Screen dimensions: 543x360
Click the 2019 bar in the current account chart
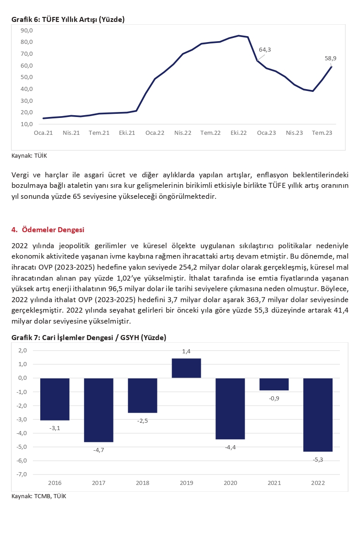[x=186, y=368]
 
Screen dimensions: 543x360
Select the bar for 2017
[x=98, y=410]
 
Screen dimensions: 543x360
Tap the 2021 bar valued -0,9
[x=274, y=384]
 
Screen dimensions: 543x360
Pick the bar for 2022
[x=318, y=414]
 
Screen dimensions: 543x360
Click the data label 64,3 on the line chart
[x=265, y=49]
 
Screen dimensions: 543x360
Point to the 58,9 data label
[x=330, y=58]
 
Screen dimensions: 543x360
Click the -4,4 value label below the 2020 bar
[x=230, y=447]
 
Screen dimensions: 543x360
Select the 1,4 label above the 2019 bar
[x=186, y=351]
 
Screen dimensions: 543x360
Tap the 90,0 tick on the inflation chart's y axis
[x=27, y=30]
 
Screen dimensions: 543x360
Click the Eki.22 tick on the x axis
[x=238, y=133]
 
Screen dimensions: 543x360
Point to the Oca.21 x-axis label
[x=43, y=133]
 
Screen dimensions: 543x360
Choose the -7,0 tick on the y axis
[x=22, y=474]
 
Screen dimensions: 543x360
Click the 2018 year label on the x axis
[x=142, y=482]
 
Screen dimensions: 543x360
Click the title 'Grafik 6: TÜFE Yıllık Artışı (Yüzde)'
[x=68, y=19]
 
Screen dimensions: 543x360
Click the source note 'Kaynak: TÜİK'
[x=29, y=155]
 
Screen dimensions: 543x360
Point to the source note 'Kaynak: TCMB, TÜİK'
[x=39, y=496]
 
